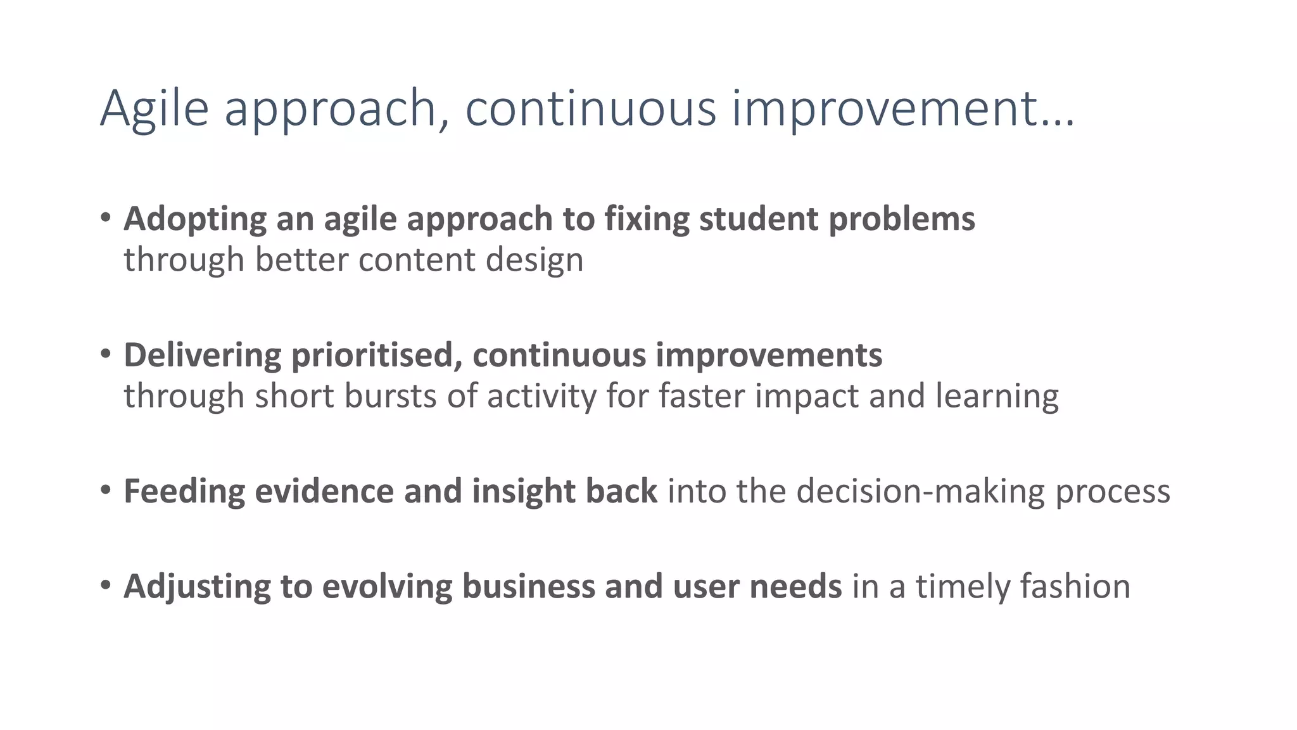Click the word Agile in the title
[154, 109]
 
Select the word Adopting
[195, 220]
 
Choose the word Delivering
[202, 355]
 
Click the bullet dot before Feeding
[106, 490]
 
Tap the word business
[528, 586]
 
